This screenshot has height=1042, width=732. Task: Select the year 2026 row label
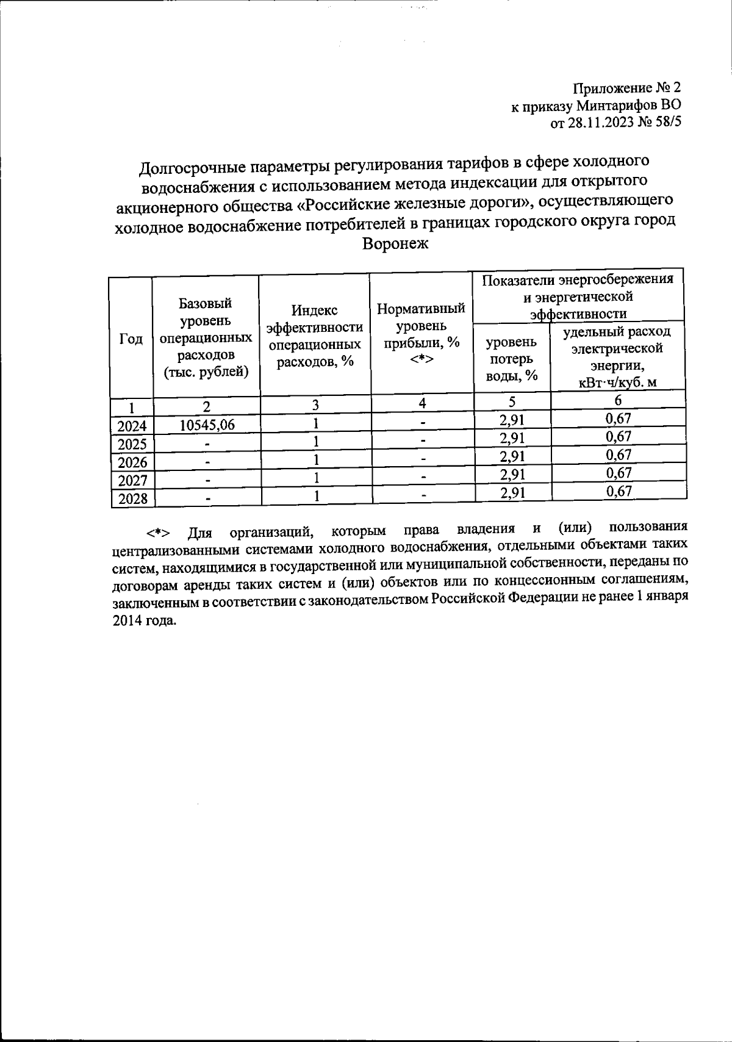click(x=132, y=462)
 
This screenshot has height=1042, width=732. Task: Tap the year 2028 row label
click(x=132, y=499)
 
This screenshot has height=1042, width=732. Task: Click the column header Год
click(x=131, y=339)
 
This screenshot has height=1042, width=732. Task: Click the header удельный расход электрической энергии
click(x=616, y=357)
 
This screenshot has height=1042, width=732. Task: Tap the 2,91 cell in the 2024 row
click(x=512, y=420)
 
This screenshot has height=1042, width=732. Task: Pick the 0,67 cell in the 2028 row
click(x=618, y=491)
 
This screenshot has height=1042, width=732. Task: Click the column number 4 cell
click(x=422, y=403)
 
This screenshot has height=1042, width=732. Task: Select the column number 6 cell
click(x=618, y=401)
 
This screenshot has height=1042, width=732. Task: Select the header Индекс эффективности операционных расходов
click(x=315, y=336)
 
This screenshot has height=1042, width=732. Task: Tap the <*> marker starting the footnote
click(x=157, y=533)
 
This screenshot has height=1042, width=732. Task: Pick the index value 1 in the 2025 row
click(x=316, y=441)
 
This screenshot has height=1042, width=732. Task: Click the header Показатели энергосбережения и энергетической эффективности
click(x=578, y=296)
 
